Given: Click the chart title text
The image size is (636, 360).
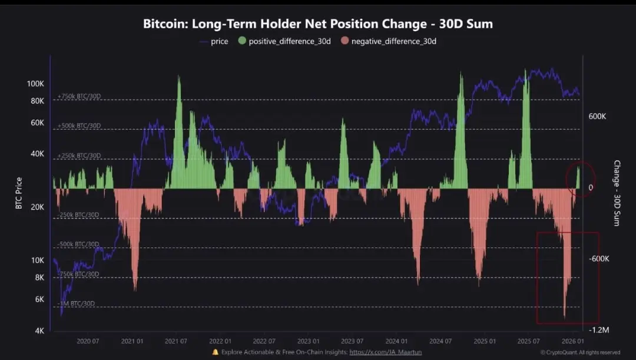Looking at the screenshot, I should pyautogui.click(x=318, y=24).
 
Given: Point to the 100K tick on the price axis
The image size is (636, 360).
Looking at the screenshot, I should pyautogui.click(x=35, y=84).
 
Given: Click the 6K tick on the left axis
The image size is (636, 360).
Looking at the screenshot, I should pyautogui.click(x=39, y=299).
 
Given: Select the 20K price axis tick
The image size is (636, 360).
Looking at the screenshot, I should pyautogui.click(x=37, y=207).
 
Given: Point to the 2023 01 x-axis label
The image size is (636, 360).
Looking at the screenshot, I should pyautogui.click(x=307, y=341).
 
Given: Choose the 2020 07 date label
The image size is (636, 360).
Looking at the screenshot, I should pyautogui.click(x=87, y=341).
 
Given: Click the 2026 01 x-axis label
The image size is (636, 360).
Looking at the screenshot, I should pyautogui.click(x=572, y=341).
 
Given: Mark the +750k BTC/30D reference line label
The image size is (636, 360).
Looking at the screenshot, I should pyautogui.click(x=79, y=96).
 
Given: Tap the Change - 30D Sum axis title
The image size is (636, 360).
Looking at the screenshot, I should pyautogui.click(x=617, y=193).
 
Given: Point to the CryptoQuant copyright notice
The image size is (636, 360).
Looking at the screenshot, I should pyautogui.click(x=580, y=352).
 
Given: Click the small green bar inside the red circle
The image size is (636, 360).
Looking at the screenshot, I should pyautogui.click(x=578, y=178).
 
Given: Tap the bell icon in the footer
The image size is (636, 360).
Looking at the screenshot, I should pyautogui.click(x=216, y=352).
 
